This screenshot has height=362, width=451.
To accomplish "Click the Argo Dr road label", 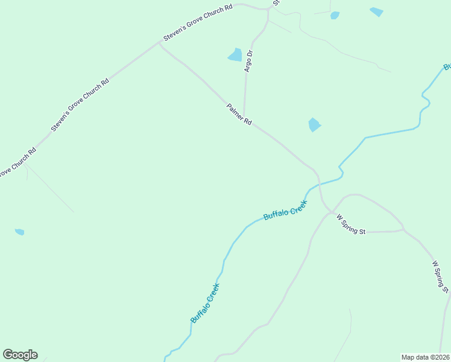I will coord(248,61).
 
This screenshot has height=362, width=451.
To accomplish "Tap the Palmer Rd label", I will coord(239,114).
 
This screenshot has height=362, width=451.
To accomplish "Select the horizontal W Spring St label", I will coord(351,223).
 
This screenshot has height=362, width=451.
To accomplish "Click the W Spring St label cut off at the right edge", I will coord(441,276).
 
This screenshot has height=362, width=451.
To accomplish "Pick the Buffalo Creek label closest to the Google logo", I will coord(204,303).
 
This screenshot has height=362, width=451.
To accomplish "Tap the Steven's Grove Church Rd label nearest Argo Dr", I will coord(198,24).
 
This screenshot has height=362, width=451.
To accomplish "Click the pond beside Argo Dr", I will coord(235,55).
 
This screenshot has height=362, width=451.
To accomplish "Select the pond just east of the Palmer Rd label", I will coord(314,125).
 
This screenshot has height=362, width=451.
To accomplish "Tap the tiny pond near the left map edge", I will coord(19,232).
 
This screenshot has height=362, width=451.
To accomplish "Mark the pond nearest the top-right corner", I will coord(376,11).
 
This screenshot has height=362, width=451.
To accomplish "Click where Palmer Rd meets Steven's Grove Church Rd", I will coord(160,43).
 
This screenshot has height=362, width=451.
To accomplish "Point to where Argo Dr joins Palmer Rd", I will coord(244,118).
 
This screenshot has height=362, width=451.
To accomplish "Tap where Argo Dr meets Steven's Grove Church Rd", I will coord(267,10).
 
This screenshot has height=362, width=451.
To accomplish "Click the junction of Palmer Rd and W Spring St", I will coord(330,211).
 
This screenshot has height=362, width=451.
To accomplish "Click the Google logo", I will coord(20,355).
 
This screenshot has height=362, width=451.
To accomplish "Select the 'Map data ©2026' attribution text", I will coord(426,357).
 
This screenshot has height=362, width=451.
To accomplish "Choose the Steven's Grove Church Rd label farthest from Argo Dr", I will coord(80,106).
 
